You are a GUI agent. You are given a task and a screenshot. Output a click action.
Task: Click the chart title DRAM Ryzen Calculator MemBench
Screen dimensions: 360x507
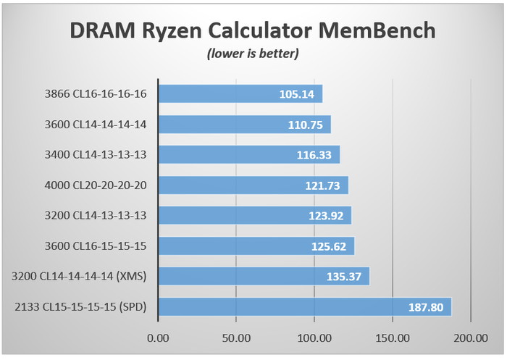tap(253, 30)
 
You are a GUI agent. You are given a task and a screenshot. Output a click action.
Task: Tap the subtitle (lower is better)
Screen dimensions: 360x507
tap(253, 54)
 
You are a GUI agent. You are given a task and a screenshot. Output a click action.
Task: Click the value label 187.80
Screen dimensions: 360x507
tap(428, 306)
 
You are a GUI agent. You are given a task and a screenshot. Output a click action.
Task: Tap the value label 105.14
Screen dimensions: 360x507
tap(299, 94)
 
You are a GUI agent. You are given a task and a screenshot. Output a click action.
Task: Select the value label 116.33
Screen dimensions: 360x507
tap(317, 155)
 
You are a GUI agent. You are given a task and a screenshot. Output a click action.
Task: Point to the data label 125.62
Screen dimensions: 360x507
tap(331, 246)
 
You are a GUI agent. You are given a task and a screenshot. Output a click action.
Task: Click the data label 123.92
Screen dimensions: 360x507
tap(328, 216)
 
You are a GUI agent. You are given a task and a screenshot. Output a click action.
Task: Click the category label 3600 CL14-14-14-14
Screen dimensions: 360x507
tap(94, 125)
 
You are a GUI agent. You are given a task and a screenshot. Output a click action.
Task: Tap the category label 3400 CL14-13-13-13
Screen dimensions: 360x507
tap(94, 155)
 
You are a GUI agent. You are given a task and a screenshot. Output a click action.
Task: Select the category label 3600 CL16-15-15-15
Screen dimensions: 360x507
tap(94, 246)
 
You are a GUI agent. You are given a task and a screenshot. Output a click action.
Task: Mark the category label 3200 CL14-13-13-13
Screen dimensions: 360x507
tap(94, 216)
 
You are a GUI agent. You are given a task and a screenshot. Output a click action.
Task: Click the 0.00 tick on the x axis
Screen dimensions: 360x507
tap(157, 338)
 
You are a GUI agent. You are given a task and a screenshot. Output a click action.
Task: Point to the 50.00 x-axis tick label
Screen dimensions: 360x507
tap(235, 338)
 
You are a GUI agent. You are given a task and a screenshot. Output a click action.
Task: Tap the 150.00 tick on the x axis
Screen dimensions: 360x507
tap(392, 338)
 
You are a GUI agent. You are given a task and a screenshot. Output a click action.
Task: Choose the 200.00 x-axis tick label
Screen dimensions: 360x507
tap(470, 338)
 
